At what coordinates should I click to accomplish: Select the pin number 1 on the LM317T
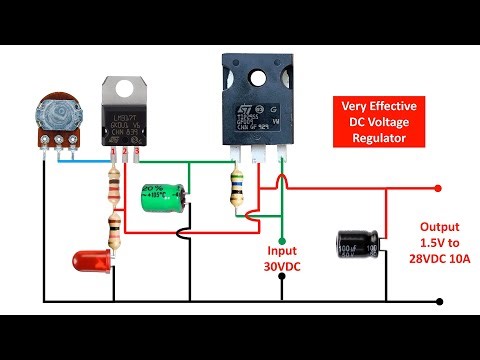pos(114,152)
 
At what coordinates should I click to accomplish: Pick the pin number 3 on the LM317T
pos(136,152)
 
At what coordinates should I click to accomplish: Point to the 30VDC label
pos(283,267)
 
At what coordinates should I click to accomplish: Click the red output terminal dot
pos(437,187)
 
